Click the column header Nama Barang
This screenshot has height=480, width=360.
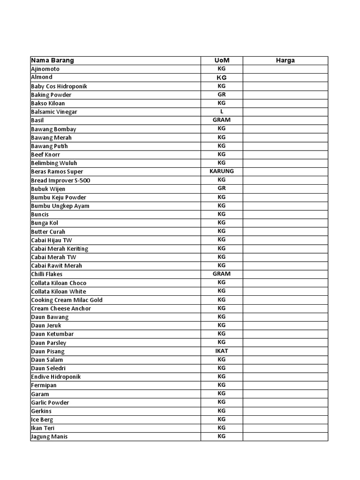(x=52, y=60)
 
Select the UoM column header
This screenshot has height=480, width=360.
(x=222, y=60)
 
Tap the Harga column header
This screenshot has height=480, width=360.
(x=285, y=60)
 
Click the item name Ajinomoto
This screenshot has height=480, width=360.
(x=45, y=69)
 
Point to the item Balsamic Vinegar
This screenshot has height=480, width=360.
(x=54, y=112)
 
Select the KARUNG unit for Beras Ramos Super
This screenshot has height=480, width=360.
(x=222, y=171)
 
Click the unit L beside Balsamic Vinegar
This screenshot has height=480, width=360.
(x=222, y=112)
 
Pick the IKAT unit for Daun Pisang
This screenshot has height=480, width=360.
(x=222, y=351)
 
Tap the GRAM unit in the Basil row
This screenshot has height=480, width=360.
(x=222, y=120)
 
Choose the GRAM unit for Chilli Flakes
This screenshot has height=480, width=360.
(x=222, y=274)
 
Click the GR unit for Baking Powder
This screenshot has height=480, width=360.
(x=222, y=94)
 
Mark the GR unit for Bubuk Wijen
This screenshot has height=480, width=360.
(x=222, y=188)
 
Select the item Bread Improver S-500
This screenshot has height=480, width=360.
(x=60, y=180)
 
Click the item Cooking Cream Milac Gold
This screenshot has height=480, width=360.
(x=67, y=300)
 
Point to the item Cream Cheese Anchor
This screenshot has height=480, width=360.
(x=61, y=308)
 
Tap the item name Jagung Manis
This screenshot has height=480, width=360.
(x=49, y=437)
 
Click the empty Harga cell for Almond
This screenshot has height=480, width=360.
(x=285, y=77)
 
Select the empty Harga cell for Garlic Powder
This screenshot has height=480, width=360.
(x=285, y=402)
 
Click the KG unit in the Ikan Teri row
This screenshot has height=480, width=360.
(x=222, y=427)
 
